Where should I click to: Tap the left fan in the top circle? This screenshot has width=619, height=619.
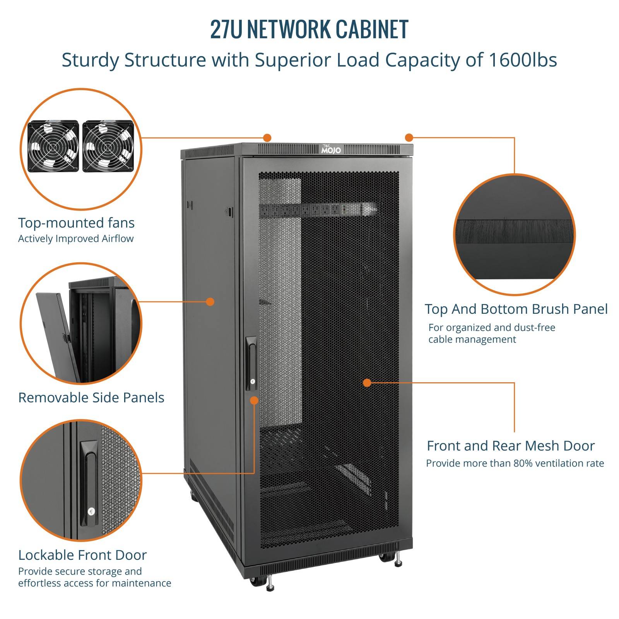53,146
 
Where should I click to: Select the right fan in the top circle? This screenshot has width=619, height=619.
108,146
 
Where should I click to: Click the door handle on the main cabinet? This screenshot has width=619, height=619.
251,363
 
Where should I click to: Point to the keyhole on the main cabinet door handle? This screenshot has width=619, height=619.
253,381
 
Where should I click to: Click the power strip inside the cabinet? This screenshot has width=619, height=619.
318,210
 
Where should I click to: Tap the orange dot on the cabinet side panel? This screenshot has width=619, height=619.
210,302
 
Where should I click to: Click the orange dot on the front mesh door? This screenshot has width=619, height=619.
367,383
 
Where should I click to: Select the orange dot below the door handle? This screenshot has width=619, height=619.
254,400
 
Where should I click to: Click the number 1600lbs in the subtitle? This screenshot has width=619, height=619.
523,60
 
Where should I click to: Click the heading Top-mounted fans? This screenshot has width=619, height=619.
77,223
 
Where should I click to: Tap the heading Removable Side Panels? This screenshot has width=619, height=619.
91,398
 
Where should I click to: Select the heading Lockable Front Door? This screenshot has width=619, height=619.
82,555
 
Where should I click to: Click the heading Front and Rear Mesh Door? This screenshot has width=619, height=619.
511,446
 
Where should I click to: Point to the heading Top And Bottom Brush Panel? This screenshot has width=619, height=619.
516,309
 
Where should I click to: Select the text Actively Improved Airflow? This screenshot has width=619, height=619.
76,239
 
